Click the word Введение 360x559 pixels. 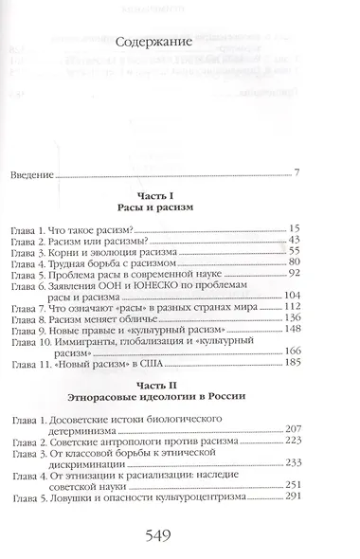(30, 175)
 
